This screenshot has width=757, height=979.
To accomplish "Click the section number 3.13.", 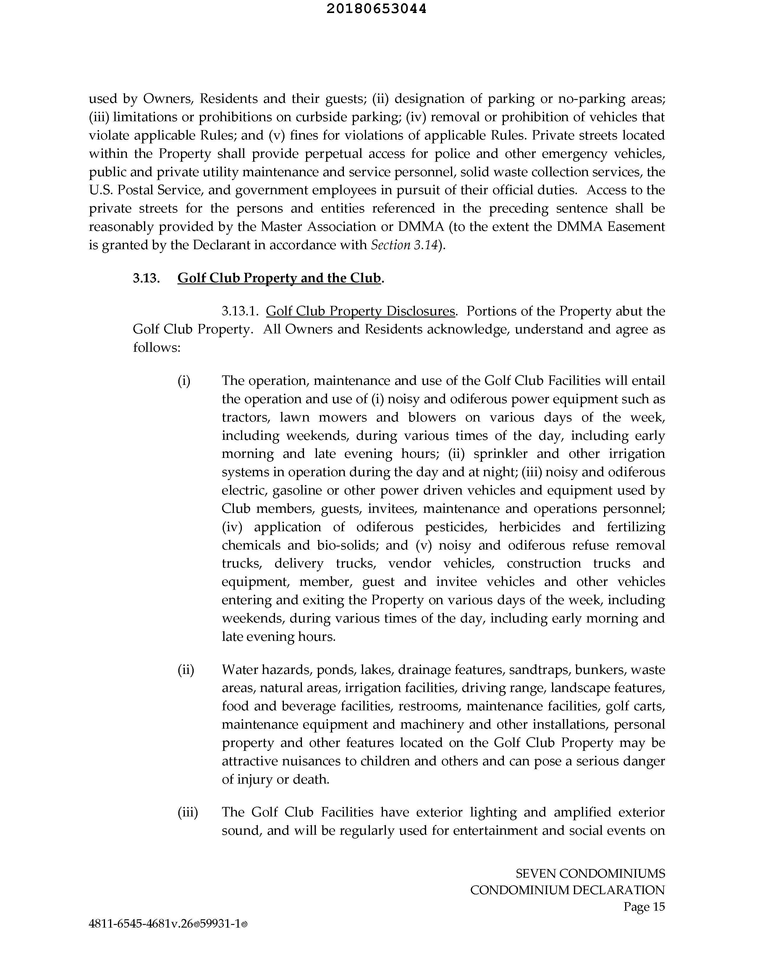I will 146,278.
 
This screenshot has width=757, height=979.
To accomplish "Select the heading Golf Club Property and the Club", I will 279,278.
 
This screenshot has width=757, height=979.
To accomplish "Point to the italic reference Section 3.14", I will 404,245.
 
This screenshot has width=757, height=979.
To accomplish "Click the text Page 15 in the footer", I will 644,907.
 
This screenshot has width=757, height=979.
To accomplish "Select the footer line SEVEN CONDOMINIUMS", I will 590,874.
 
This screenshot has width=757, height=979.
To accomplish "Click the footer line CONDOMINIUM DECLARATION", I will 567,890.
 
